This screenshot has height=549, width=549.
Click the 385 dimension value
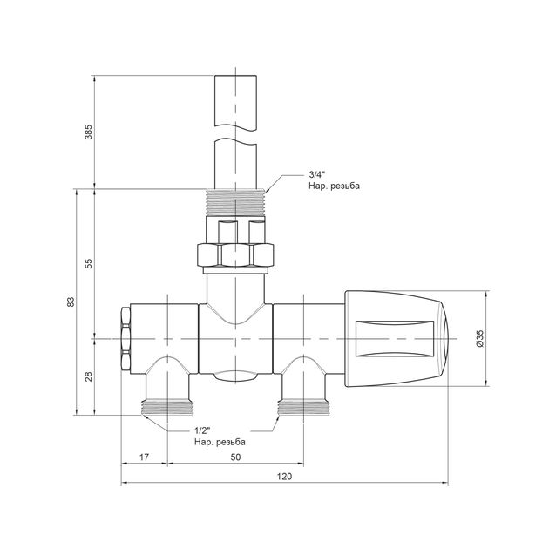click(89, 132)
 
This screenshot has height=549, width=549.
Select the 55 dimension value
click(89, 263)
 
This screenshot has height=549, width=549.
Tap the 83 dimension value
click(71, 302)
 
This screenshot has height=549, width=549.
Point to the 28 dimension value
click(89, 376)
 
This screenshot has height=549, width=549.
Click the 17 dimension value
click(145, 457)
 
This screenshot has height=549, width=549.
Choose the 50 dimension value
click(235, 457)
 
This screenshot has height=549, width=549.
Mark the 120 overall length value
click(284, 477)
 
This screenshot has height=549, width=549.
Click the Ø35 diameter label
click(479, 339)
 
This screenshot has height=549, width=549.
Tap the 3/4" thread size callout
click(317, 174)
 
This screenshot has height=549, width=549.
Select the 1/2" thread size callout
click(203, 430)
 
